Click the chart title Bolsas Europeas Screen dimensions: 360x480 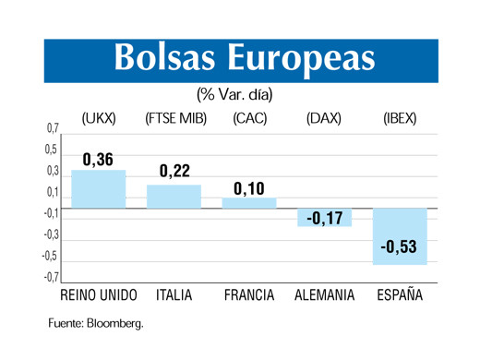point(245,57)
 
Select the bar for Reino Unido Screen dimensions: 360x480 point(98,189)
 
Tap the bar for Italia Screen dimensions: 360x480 point(174,196)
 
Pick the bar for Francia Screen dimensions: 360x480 point(248,202)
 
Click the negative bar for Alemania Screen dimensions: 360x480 point(324,217)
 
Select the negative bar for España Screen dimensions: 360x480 point(399,236)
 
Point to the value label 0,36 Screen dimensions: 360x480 point(98,160)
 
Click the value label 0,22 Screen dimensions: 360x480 point(174,172)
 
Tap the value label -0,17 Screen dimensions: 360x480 point(324,219)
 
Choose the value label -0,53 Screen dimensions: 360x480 point(399,250)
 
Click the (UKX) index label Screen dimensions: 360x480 point(98,118)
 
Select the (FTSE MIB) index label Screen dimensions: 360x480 point(175,118)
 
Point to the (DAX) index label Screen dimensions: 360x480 point(324,118)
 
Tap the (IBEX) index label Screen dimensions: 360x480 point(399,118)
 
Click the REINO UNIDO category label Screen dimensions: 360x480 point(98,295)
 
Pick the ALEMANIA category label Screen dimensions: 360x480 point(324,295)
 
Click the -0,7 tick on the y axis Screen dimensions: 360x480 point(50,277)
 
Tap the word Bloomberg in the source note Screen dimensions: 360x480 point(114,324)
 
